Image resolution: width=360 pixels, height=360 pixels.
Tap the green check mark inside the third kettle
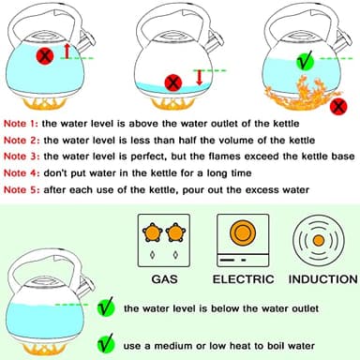pyautogui.click(x=303, y=62)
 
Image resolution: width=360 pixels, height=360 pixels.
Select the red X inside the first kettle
pyautogui.click(x=44, y=57)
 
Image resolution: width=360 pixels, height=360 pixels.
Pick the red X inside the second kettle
pyautogui.click(x=172, y=82)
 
